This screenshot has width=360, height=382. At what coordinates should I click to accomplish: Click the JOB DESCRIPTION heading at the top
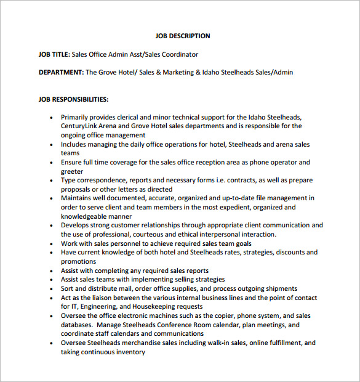coord(182,36)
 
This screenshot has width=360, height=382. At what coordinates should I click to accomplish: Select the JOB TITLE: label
coord(54,54)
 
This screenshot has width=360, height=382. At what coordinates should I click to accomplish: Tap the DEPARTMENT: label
coord(61,72)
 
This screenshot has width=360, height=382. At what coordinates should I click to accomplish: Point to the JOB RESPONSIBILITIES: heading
coord(73,99)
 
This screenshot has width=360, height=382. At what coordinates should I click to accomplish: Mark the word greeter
coord(72,171)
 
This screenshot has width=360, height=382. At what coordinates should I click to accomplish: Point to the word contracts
coord(247,180)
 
